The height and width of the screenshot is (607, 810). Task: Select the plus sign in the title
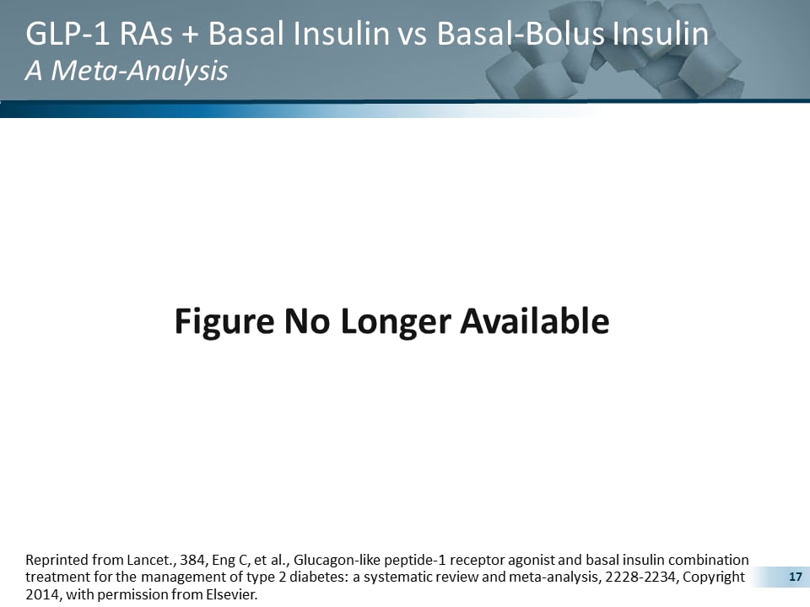pos(191,35)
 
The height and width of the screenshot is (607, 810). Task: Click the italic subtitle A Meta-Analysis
pos(127,71)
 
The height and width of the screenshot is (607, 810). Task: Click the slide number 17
pos(793,577)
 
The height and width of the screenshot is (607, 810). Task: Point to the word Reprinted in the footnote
pos(56,560)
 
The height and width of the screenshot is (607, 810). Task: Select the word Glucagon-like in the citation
pos(332,560)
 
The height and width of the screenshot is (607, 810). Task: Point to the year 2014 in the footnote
pos(40,594)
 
